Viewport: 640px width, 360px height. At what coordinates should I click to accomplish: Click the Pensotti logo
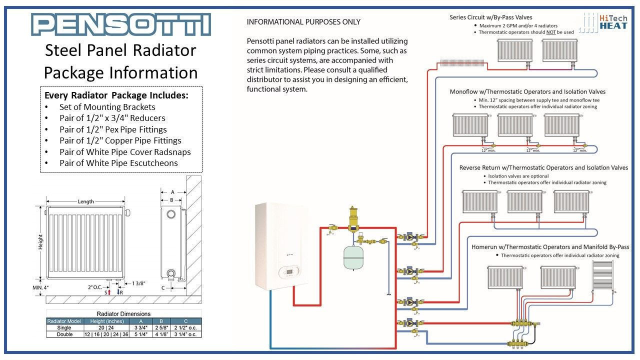120,24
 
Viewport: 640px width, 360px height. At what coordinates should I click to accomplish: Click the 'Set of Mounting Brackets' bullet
107,107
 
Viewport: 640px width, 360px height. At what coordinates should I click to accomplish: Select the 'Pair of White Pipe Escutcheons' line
118,163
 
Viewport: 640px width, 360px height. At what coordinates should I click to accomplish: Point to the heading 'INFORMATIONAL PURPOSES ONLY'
303,22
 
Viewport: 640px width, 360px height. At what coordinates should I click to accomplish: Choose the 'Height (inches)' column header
102,321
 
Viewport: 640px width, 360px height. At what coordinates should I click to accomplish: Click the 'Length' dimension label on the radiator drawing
85,201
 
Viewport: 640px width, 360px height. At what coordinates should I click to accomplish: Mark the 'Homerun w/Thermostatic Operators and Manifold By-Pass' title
550,247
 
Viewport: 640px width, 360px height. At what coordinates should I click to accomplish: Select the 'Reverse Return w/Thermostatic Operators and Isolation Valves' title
543,168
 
